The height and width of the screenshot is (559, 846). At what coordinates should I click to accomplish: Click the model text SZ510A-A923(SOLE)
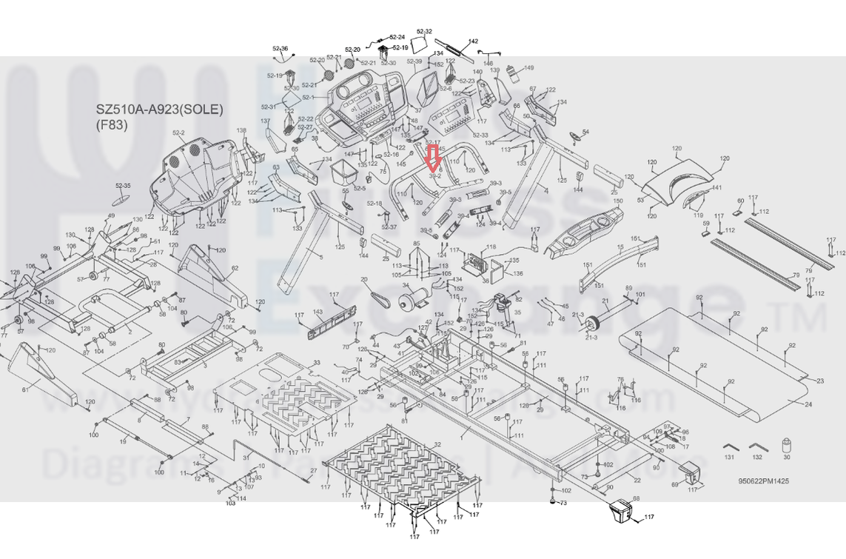coord(159,110)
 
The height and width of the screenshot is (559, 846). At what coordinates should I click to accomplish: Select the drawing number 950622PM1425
coord(763,481)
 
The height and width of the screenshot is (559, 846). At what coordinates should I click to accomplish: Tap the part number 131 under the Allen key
coord(729,458)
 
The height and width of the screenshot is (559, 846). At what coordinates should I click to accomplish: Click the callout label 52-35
coord(123,186)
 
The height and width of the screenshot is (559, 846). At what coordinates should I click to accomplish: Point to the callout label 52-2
coord(178,133)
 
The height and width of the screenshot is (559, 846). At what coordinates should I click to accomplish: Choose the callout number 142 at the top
coord(474,41)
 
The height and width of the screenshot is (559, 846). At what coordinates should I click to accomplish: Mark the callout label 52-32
coord(424,32)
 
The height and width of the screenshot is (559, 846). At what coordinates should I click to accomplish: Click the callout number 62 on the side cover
coord(235,268)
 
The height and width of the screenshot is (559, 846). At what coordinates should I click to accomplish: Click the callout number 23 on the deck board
coord(819,381)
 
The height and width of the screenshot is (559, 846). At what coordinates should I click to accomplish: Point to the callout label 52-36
coord(280,49)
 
